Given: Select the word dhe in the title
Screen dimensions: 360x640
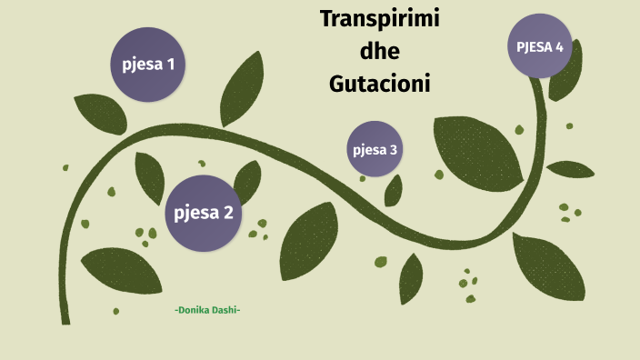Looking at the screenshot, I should (x=380, y=51).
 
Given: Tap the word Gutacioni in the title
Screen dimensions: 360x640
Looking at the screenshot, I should (x=379, y=84).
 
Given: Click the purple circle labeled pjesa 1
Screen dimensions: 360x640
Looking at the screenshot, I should (x=148, y=65).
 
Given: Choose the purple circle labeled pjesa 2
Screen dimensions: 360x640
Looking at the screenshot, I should (x=204, y=213).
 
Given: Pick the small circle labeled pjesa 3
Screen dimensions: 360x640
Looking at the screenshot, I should (x=375, y=149).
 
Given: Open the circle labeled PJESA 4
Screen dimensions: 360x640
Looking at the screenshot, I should (x=540, y=46).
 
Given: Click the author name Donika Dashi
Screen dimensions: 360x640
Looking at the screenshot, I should (x=207, y=311).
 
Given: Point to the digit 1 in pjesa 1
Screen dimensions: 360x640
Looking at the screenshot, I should (x=170, y=65).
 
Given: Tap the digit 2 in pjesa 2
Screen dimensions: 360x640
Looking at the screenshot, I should (x=228, y=213).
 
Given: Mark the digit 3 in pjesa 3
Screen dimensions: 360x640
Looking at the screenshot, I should (x=394, y=149).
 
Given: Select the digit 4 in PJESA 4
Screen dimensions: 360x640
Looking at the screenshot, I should (x=559, y=46).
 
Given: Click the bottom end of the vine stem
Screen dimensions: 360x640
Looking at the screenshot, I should (x=65, y=319).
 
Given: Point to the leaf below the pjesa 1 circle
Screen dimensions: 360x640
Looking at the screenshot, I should (x=101, y=113).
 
